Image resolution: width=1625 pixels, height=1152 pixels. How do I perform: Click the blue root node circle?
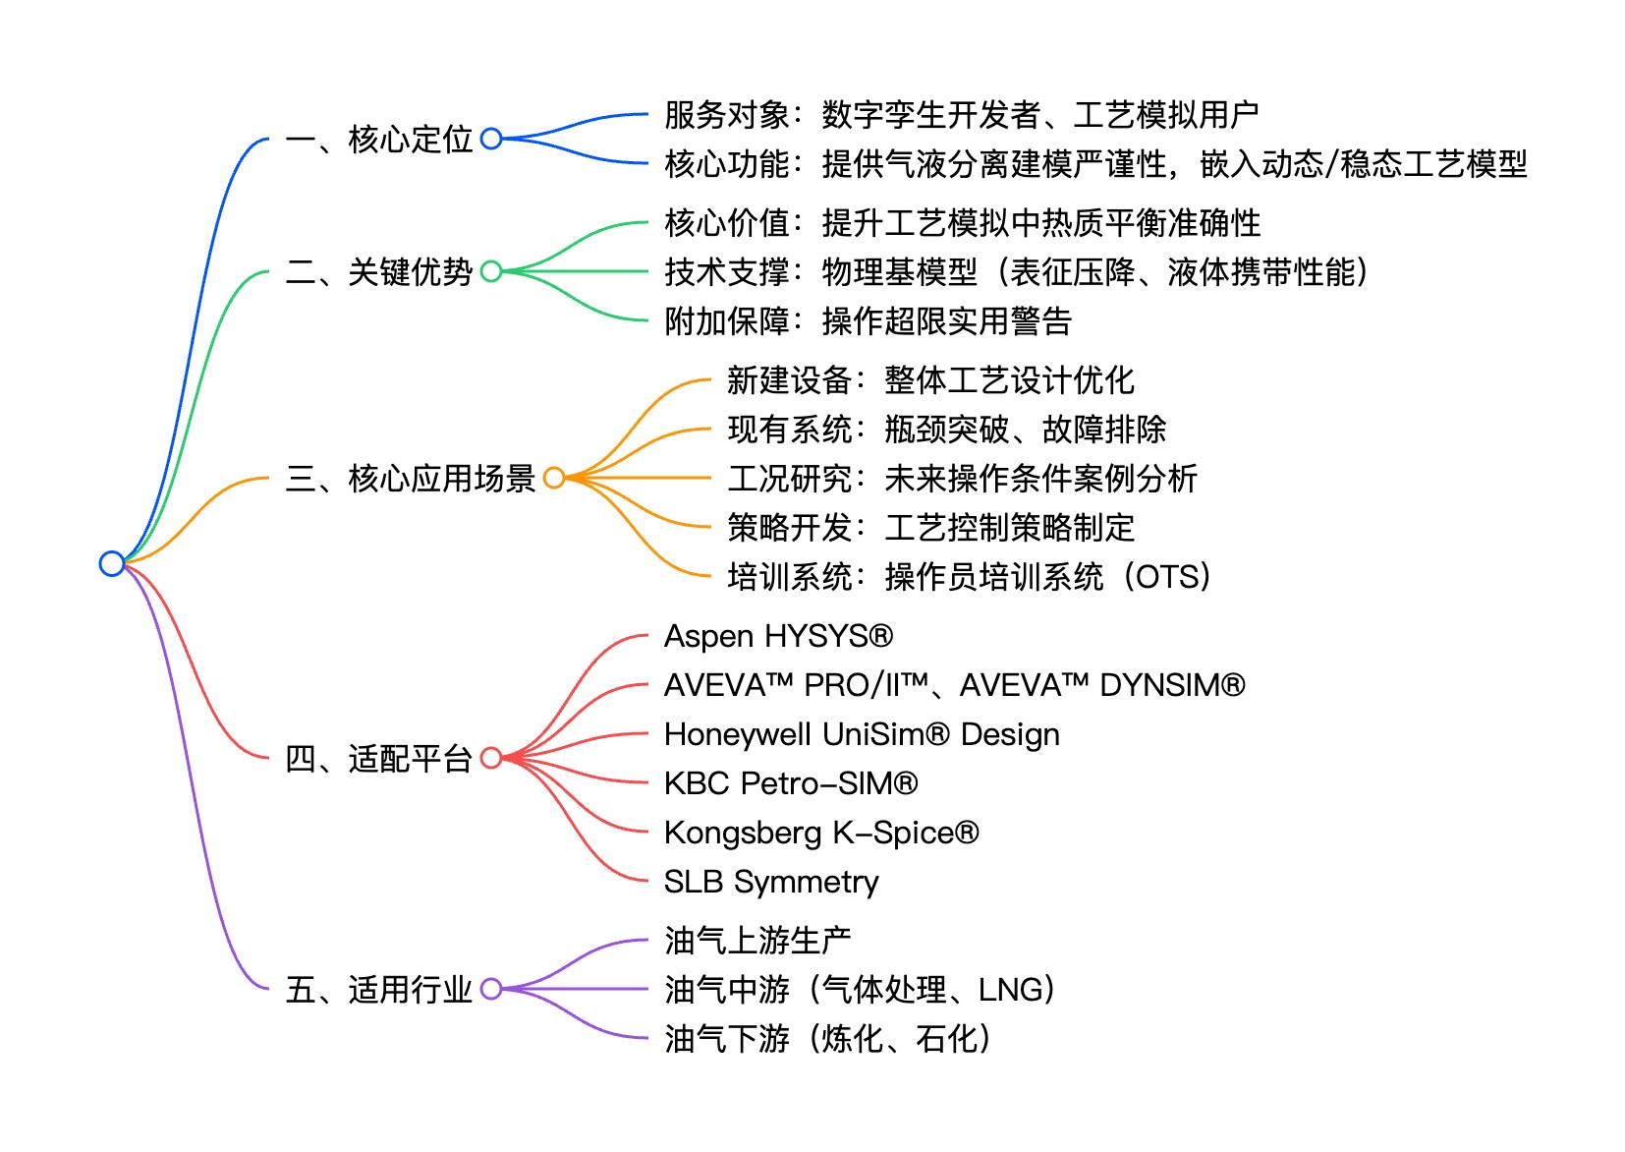(112, 563)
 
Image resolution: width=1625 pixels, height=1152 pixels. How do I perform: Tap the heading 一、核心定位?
(379, 140)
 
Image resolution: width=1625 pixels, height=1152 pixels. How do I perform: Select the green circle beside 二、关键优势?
(491, 271)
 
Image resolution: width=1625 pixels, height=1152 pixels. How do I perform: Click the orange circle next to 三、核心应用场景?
(554, 478)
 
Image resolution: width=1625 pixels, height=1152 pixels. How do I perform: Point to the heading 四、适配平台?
(379, 759)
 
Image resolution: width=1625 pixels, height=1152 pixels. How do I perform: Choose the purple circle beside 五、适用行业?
(491, 989)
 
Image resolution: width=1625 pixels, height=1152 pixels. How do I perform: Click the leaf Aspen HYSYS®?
(778, 636)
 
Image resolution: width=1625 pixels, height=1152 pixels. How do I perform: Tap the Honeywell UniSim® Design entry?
(862, 734)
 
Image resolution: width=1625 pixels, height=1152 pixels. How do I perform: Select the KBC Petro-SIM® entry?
(791, 783)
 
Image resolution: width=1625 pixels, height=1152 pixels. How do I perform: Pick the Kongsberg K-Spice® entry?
(821, 833)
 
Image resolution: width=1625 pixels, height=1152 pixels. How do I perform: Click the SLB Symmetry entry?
(771, 882)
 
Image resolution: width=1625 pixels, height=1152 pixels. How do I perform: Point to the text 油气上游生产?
(757, 941)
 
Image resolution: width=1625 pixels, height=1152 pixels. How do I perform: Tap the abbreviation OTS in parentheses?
(1166, 576)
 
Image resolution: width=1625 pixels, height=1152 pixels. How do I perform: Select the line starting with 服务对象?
(961, 115)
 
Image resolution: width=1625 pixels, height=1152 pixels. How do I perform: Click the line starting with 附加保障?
(868, 321)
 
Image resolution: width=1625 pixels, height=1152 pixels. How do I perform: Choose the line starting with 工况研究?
(962, 479)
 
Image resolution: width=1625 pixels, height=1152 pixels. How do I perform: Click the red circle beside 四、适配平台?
(491, 758)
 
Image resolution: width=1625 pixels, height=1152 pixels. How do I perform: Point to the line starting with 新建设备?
(930, 380)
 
